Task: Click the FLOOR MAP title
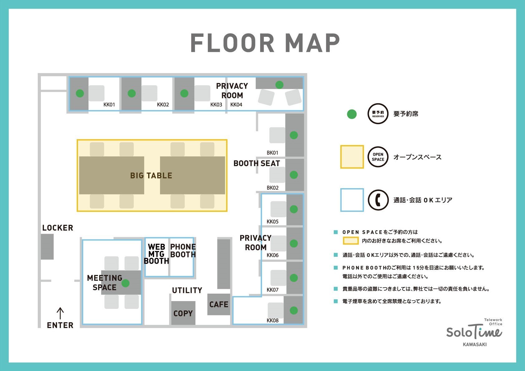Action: click(x=265, y=43)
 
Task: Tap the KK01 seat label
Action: click(x=109, y=105)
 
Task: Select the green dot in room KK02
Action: click(x=132, y=93)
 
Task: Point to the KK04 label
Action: click(x=236, y=105)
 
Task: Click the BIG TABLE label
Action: click(x=151, y=176)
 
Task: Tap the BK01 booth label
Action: click(x=272, y=153)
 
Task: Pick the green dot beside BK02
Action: click(x=294, y=175)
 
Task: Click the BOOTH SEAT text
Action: click(x=257, y=164)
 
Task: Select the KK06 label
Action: click(x=273, y=255)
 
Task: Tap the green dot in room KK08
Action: click(x=294, y=310)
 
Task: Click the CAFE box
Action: click(x=219, y=305)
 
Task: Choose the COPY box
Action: click(x=183, y=313)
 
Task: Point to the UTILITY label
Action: click(x=187, y=290)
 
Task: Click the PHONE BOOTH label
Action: click(x=183, y=251)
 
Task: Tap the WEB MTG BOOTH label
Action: click(x=156, y=254)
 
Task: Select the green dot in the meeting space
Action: click(x=125, y=283)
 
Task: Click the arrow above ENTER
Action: click(x=60, y=313)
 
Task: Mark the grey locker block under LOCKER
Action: click(x=47, y=247)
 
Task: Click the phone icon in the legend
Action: click(x=378, y=200)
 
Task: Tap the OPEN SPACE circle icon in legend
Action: click(x=378, y=157)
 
